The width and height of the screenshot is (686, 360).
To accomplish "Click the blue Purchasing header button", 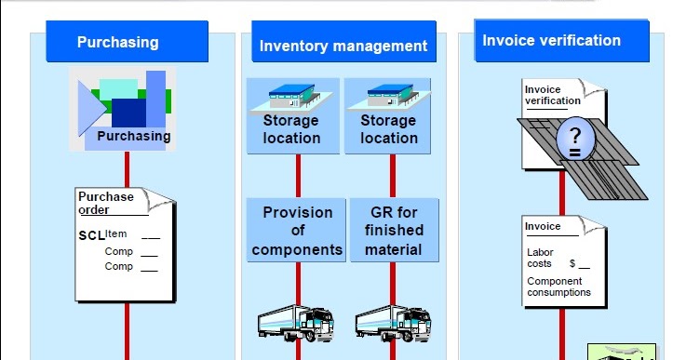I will click(118, 42).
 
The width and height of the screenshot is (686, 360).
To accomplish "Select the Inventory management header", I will click(343, 46).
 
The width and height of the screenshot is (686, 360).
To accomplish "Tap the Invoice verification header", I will click(551, 41).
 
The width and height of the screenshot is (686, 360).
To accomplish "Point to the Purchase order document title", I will click(105, 203).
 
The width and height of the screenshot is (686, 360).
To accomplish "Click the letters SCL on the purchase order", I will click(91, 235).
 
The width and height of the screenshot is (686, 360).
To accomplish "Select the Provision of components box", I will click(297, 231).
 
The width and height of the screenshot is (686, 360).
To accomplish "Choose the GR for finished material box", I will click(394, 231).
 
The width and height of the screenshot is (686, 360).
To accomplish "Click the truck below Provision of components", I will click(295, 322).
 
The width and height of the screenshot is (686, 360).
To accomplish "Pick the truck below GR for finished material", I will click(393, 322).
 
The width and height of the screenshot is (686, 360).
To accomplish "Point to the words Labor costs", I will click(540, 257).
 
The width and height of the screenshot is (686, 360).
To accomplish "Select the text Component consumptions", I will click(558, 287).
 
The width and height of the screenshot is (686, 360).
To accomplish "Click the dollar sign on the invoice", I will click(572, 264).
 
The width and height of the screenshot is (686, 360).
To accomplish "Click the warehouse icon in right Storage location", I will click(389, 94).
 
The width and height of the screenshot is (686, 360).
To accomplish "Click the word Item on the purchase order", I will click(116, 233).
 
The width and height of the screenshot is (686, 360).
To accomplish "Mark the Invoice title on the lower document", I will click(543, 227).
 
